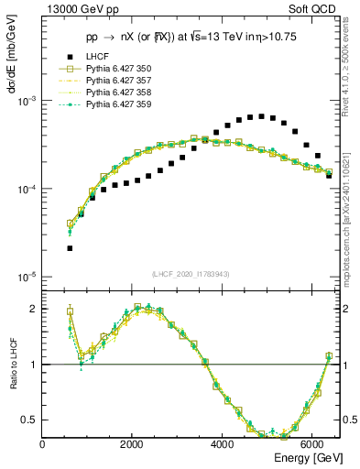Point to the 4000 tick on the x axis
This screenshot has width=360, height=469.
[x=223, y=444]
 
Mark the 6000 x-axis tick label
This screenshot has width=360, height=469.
[x=312, y=444]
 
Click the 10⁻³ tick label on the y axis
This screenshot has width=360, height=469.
[x=27, y=102]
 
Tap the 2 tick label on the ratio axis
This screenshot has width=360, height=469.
[x=34, y=309]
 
